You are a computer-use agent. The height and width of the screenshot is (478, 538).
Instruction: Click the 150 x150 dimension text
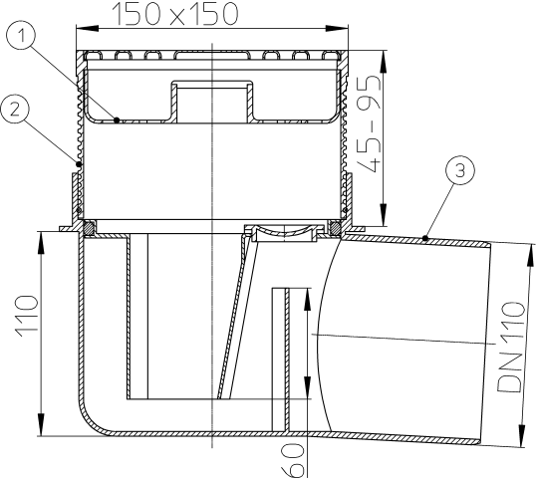(175, 14)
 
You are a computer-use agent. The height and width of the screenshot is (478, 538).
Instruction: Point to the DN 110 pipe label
(511, 347)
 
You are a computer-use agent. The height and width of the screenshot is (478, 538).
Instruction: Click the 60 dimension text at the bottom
(292, 460)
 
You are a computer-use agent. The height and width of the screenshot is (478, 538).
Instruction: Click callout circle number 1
(21, 35)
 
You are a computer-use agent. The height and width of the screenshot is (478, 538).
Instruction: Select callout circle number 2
(14, 109)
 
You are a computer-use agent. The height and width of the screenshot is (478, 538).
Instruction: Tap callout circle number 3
(460, 170)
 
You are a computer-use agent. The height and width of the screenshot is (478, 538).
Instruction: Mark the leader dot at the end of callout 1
(117, 120)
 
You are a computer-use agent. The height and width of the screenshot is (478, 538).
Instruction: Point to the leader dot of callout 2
(79, 164)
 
